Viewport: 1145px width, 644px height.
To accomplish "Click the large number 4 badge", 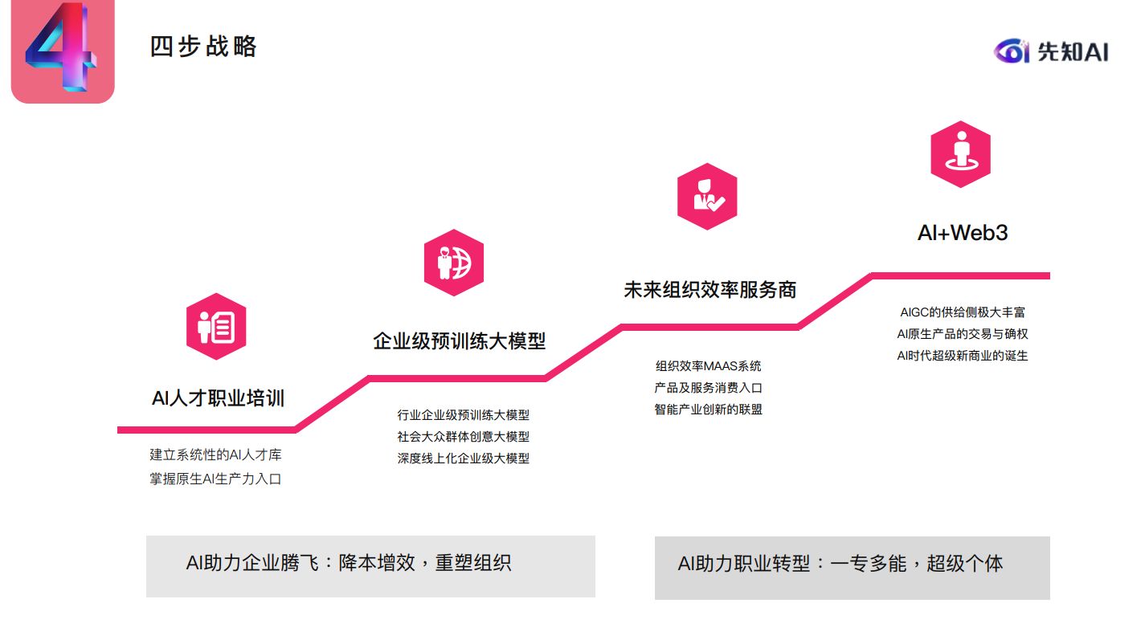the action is pos(62,51).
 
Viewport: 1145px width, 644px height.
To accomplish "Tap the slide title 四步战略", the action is pos(203,47).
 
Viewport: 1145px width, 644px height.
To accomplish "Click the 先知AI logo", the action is pos(1050,51).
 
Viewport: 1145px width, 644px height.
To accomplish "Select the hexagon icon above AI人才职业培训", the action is pos(216,327).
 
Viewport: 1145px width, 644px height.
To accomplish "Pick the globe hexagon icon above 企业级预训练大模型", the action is pos(454,263).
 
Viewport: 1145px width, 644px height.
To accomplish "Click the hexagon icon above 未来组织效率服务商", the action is pos(707,197).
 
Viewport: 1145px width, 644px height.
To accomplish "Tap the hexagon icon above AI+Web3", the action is pos(960,154).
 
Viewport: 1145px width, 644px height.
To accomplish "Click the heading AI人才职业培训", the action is pos(218,397).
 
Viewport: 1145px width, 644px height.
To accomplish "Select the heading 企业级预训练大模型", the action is pos(459,340).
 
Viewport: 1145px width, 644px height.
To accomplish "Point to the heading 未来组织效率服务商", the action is pos(709,290).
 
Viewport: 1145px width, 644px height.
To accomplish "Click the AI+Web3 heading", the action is pos(963,233).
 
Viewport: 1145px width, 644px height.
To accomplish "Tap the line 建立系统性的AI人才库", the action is pos(215,455).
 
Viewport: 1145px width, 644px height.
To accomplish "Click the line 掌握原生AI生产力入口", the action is pos(215,479).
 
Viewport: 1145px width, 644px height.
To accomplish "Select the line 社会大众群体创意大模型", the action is pos(464,437).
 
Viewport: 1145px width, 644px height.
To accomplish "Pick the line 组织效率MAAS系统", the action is pos(708,366).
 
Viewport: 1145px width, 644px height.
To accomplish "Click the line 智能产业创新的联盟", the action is pos(708,410).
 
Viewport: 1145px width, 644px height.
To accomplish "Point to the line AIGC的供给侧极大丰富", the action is pos(963,312).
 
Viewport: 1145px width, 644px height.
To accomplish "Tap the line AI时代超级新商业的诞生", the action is pos(963,355).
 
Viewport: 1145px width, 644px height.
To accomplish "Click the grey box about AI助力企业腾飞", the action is pos(370,566).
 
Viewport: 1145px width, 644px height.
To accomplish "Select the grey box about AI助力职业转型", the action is pos(852,567).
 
